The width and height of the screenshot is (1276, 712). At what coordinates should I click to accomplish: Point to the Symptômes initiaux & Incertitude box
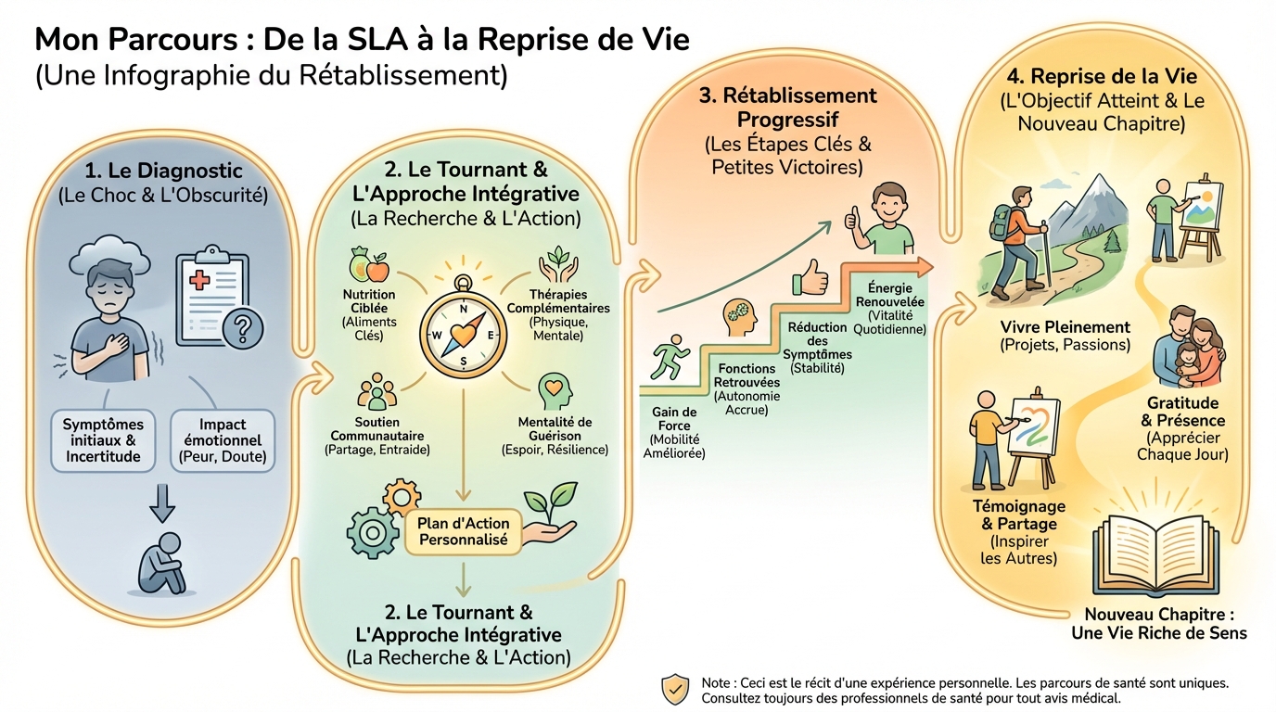(102, 440)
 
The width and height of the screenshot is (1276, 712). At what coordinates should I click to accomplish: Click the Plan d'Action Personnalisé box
(463, 531)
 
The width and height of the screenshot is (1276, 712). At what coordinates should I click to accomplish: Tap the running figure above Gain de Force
(670, 362)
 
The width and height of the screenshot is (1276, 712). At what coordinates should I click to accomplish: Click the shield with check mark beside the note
(674, 689)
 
